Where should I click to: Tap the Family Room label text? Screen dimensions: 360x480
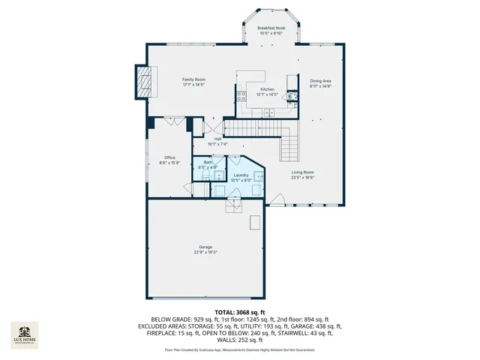tap(193, 82)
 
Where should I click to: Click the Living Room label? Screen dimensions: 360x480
tap(303, 175)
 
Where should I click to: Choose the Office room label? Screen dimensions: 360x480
tap(169, 159)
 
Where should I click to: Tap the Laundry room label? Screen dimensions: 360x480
tap(240, 177)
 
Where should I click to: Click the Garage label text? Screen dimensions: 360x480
tap(205, 249)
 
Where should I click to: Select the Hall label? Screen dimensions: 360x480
tap(217, 140)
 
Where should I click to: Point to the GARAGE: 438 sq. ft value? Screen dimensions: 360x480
tap(317, 327)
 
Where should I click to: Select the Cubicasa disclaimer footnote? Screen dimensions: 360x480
tap(240, 350)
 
